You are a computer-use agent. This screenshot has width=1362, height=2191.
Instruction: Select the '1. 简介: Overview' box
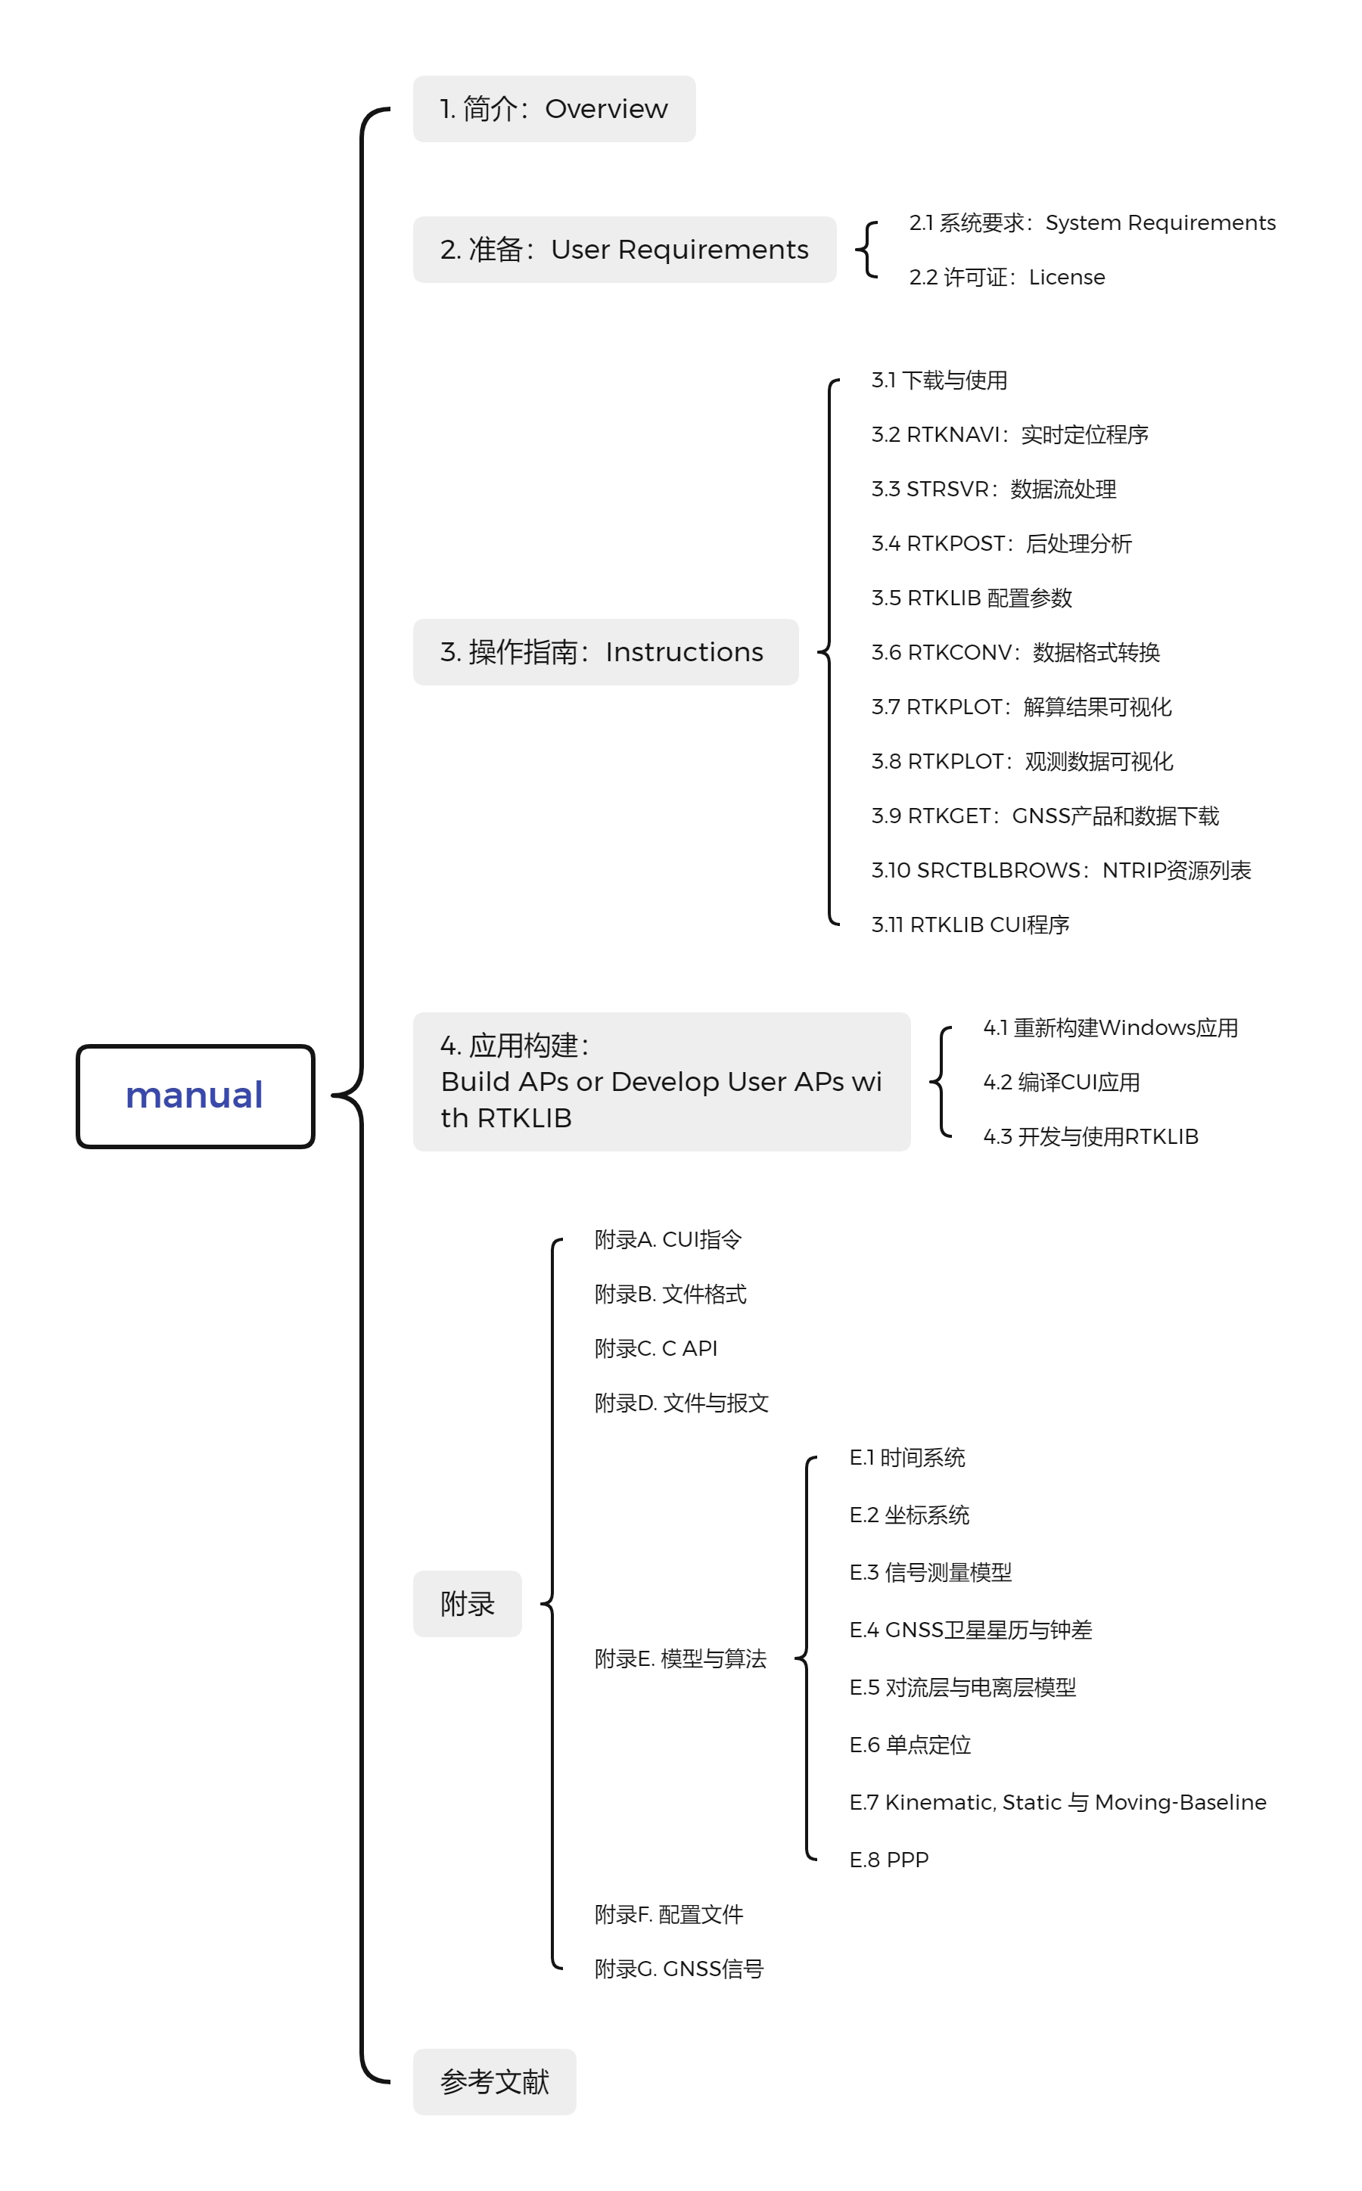coord(554,109)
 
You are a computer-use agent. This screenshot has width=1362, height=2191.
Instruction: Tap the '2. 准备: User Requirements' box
coord(624,250)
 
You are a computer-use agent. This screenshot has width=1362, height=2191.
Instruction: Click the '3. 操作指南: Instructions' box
coord(605,652)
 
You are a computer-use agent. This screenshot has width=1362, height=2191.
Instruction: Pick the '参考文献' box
coord(495,2081)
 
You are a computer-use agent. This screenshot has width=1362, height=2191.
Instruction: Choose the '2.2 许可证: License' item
coord(1006,278)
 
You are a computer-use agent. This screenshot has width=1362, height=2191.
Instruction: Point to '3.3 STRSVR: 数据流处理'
coord(994,489)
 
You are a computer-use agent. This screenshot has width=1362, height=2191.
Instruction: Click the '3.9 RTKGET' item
coord(1045,816)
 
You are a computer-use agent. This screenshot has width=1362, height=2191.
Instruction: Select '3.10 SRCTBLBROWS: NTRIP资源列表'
coord(1060,870)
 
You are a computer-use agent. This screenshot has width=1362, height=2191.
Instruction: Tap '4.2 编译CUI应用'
coord(1061,1083)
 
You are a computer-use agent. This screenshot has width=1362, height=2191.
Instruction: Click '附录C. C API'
coord(656,1348)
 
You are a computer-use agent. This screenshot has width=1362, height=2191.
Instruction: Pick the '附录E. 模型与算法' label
coord(680,1659)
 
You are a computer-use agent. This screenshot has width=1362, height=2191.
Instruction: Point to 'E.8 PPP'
coord(888,1860)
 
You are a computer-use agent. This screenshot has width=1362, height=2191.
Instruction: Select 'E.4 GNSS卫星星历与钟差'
coord(970,1630)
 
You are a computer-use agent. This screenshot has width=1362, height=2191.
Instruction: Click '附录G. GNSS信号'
coord(678,1969)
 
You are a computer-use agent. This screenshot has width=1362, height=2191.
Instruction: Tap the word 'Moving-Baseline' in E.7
coord(1180,1802)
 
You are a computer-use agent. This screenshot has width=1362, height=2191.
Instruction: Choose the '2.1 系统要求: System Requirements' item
coord(1092,222)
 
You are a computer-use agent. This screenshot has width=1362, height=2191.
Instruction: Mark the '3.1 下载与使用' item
coord(938,380)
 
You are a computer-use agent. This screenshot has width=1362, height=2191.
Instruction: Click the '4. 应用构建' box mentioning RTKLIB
coord(661,1082)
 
